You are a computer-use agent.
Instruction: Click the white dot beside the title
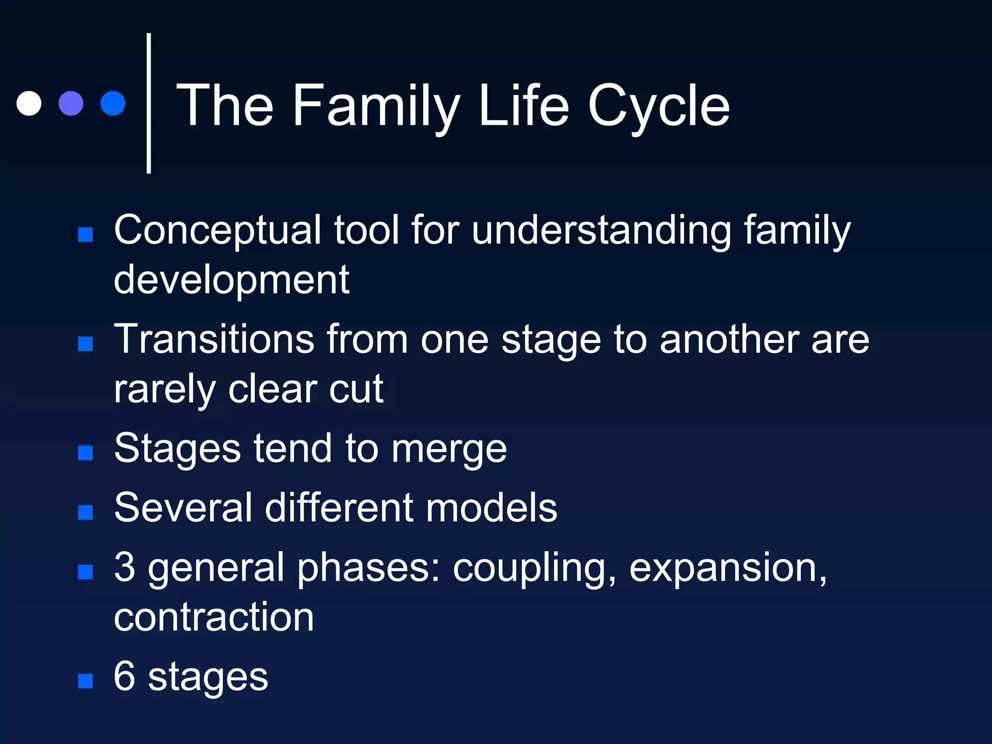coord(29,103)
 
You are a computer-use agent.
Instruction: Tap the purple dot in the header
coord(71,103)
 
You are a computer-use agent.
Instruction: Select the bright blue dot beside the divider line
coord(113,103)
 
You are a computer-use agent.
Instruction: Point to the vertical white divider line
coord(149,103)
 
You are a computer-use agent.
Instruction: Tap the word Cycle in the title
coord(658,107)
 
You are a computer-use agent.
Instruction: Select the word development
coord(232,280)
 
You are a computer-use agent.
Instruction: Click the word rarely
coord(165,389)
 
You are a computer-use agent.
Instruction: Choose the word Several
coord(184,508)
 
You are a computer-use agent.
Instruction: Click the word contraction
coord(214,617)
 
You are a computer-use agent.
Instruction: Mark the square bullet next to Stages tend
coord(86,453)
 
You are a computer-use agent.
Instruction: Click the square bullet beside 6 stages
coord(86,681)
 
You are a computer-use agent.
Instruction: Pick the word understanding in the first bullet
coord(601,231)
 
